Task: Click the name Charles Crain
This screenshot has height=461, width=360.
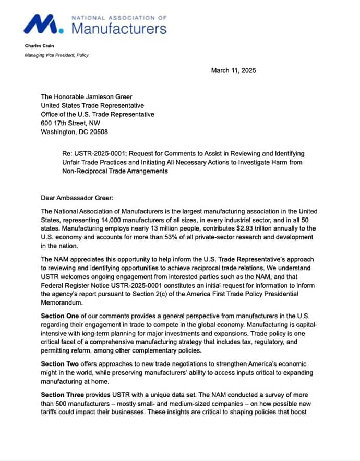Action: pos(40,46)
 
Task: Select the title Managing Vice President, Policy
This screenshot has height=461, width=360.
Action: pos(57,55)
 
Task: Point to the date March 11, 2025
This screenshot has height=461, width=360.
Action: pos(233,71)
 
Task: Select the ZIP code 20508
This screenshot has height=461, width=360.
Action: pos(98,132)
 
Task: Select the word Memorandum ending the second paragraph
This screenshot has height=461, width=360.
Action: pos(62,302)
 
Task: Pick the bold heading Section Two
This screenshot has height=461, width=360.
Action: pos(60,364)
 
